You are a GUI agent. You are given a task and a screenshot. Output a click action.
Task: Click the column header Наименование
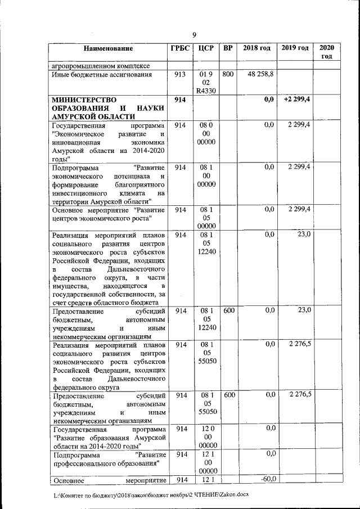[x=109, y=48]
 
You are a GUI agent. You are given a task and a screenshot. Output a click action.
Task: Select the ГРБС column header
[x=181, y=48]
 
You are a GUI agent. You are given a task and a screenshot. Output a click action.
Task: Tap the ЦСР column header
[x=206, y=48]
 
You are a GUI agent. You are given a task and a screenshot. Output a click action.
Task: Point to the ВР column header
[x=228, y=48]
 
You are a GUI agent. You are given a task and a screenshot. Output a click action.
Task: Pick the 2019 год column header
[x=296, y=48]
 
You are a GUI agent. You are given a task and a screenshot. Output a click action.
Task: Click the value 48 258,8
[x=258, y=74]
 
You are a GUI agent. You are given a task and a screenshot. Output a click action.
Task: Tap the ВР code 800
[x=228, y=74]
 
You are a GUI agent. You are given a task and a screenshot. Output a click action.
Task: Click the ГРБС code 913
[x=181, y=74]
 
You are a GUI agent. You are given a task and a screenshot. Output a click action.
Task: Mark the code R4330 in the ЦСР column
[x=206, y=91]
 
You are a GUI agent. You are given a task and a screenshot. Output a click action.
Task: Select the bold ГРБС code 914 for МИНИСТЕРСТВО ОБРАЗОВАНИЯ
[x=181, y=100]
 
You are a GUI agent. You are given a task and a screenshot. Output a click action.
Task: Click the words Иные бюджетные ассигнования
[x=101, y=74]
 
